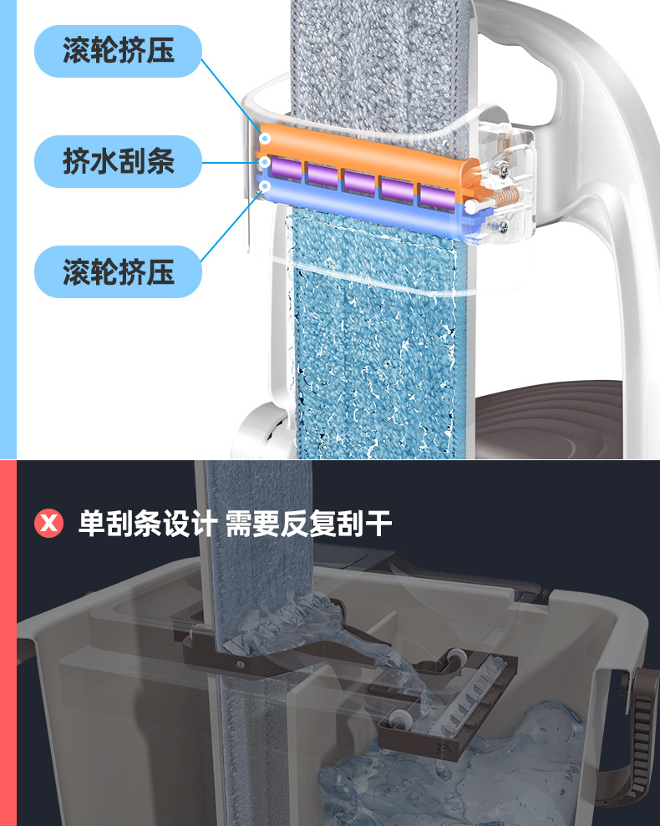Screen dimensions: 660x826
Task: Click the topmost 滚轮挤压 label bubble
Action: (x=118, y=52)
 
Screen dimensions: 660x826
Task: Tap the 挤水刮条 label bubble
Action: (x=118, y=160)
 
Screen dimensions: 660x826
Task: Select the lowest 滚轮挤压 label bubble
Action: (x=118, y=271)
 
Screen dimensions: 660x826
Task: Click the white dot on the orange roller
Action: (x=266, y=138)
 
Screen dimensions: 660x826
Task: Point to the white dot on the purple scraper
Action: (x=266, y=162)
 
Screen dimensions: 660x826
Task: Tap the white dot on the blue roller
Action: (x=266, y=185)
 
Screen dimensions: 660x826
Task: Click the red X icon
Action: (x=49, y=524)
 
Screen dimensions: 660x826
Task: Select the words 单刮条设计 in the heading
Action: (x=147, y=524)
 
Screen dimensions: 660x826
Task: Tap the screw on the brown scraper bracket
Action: (x=241, y=665)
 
